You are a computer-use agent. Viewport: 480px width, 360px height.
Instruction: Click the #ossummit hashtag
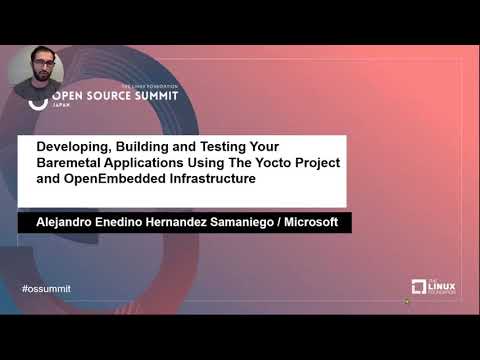click(x=46, y=289)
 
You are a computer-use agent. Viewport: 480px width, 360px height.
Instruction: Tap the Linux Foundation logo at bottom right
click(x=433, y=287)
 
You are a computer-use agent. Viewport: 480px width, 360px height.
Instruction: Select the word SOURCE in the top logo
click(x=103, y=99)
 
